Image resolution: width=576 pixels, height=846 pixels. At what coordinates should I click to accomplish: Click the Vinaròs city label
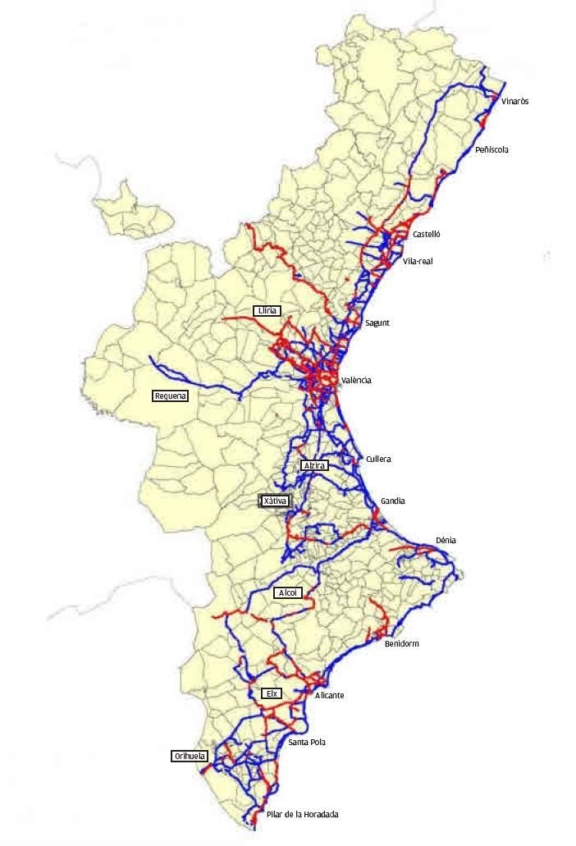514,101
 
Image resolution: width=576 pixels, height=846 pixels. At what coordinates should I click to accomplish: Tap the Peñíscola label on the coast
491,150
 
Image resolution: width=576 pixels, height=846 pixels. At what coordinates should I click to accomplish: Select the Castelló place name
427,234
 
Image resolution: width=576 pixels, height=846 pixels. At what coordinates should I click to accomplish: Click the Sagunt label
377,322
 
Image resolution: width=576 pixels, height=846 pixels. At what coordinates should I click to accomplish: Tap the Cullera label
378,459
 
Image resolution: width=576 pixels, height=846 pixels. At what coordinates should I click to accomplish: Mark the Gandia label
393,501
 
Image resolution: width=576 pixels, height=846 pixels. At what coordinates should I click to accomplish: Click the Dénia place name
446,540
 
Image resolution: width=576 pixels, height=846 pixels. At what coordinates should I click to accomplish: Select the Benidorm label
401,643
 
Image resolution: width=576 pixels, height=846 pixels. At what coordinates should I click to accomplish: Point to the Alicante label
330,695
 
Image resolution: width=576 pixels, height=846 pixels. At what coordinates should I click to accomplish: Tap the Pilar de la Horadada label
302,814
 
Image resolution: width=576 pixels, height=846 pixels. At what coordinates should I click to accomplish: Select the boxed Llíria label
267,310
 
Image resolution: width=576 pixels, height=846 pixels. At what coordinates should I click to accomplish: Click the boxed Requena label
171,396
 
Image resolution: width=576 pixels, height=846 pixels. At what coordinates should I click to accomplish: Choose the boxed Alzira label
315,465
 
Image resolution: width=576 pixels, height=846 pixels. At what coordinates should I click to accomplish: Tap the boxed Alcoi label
287,592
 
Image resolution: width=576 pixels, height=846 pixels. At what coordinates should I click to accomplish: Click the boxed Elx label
272,693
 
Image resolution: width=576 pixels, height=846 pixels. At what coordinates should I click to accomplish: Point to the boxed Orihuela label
190,757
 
